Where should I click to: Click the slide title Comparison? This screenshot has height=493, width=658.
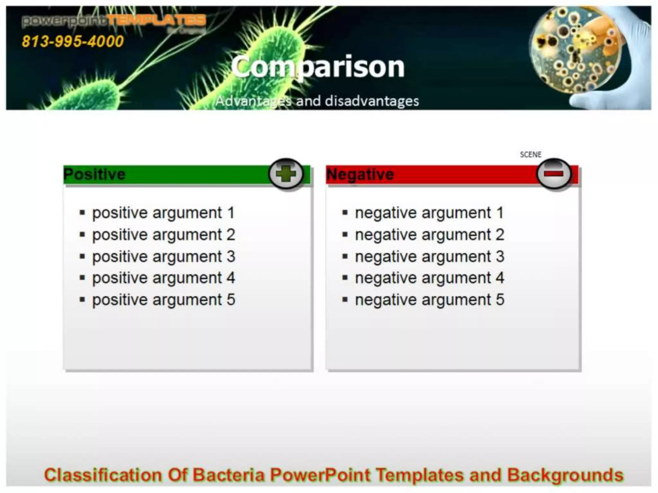(x=318, y=66)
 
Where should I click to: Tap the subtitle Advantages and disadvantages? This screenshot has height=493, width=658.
(x=317, y=101)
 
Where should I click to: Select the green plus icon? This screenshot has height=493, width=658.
(x=286, y=175)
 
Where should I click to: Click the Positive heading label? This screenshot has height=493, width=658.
(x=94, y=175)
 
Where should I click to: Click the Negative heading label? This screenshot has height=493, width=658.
(x=360, y=175)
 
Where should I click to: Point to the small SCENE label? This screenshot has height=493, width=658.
(x=530, y=155)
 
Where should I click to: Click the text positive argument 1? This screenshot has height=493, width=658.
(x=164, y=213)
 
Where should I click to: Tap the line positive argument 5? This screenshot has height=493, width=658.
(x=164, y=300)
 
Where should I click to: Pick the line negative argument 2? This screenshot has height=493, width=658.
(x=430, y=235)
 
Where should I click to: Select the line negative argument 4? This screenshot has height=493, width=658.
(x=430, y=278)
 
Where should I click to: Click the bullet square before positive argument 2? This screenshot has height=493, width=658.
(x=83, y=235)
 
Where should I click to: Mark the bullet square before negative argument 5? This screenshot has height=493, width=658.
(x=345, y=300)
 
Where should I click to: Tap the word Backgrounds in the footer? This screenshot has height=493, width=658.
(x=565, y=475)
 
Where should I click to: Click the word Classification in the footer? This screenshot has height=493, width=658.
(x=103, y=475)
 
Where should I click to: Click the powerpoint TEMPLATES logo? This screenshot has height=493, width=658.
(x=114, y=22)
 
